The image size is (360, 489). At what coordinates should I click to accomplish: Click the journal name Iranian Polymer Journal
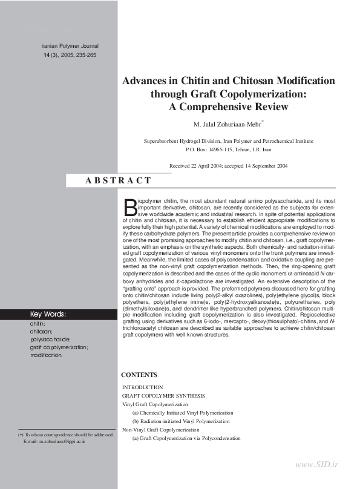[x=69, y=46]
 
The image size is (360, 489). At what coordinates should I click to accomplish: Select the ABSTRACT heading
[x=119, y=180]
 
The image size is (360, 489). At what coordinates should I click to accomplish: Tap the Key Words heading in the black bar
[x=48, y=314]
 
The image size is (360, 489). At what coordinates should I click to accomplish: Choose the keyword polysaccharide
[x=50, y=340]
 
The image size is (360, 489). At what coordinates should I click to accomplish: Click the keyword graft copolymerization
[x=59, y=347]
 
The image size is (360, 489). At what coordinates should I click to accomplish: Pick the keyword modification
[x=46, y=355]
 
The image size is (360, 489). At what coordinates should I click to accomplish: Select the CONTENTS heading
[x=140, y=375]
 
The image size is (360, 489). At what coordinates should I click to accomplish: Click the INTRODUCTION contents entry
[x=143, y=387]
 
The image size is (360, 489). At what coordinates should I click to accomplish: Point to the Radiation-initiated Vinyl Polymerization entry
[x=182, y=421]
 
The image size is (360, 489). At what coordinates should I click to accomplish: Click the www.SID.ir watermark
[x=317, y=464]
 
